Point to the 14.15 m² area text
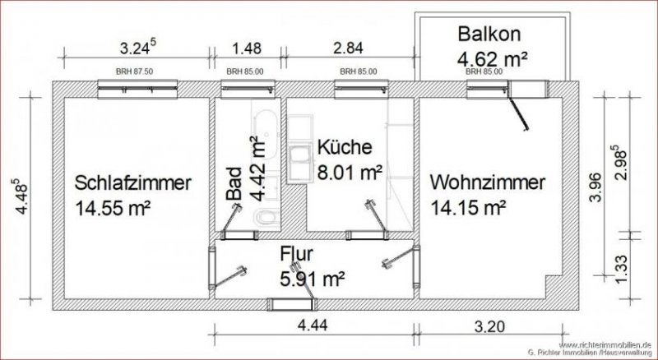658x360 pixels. pyautogui.click(x=467, y=206)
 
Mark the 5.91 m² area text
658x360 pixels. pyautogui.click(x=309, y=279)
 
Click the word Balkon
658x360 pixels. pyautogui.click(x=492, y=35)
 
